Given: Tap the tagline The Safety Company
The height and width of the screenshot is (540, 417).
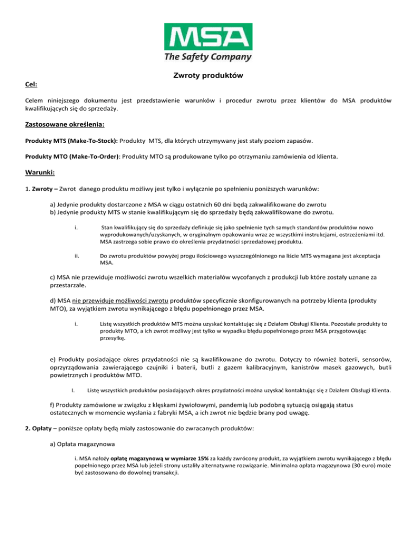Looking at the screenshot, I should [208, 56].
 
